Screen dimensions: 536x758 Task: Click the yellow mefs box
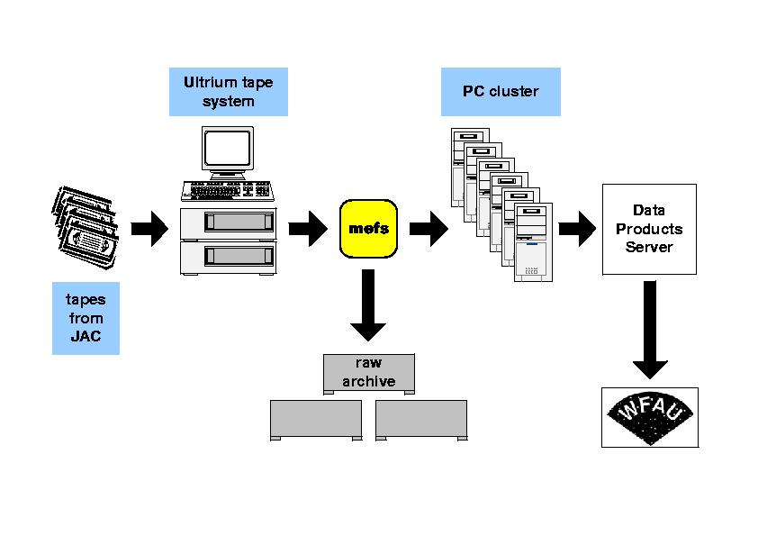[368, 228]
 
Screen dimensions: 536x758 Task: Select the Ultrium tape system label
[229, 92]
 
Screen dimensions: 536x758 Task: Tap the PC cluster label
[501, 92]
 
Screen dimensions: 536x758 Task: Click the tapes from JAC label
[86, 318]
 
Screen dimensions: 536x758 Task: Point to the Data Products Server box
[649, 229]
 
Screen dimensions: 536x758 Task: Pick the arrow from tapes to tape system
[149, 229]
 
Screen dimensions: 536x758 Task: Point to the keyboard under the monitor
[229, 191]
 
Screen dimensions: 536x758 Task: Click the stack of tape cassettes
[83, 226]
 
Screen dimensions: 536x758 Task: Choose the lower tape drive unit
[229, 257]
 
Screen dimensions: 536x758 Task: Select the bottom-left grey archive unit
[316, 420]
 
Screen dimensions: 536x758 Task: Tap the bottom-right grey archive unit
[421, 420]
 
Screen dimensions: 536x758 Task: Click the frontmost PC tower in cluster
[532, 242]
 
